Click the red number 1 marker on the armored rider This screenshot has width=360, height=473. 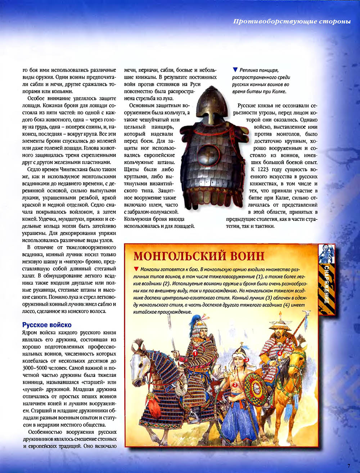click(195, 354)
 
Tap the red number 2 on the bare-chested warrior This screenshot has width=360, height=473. click(235, 385)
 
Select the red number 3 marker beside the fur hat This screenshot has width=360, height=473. click(247, 359)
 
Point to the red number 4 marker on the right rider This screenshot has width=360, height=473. click(280, 354)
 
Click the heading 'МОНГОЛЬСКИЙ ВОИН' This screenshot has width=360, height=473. click(199, 256)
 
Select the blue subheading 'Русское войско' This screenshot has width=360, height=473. click(47, 325)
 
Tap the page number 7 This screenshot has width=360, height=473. click(348, 465)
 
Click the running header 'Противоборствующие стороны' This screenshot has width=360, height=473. click(292, 21)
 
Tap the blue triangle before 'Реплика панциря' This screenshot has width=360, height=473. click(235, 70)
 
